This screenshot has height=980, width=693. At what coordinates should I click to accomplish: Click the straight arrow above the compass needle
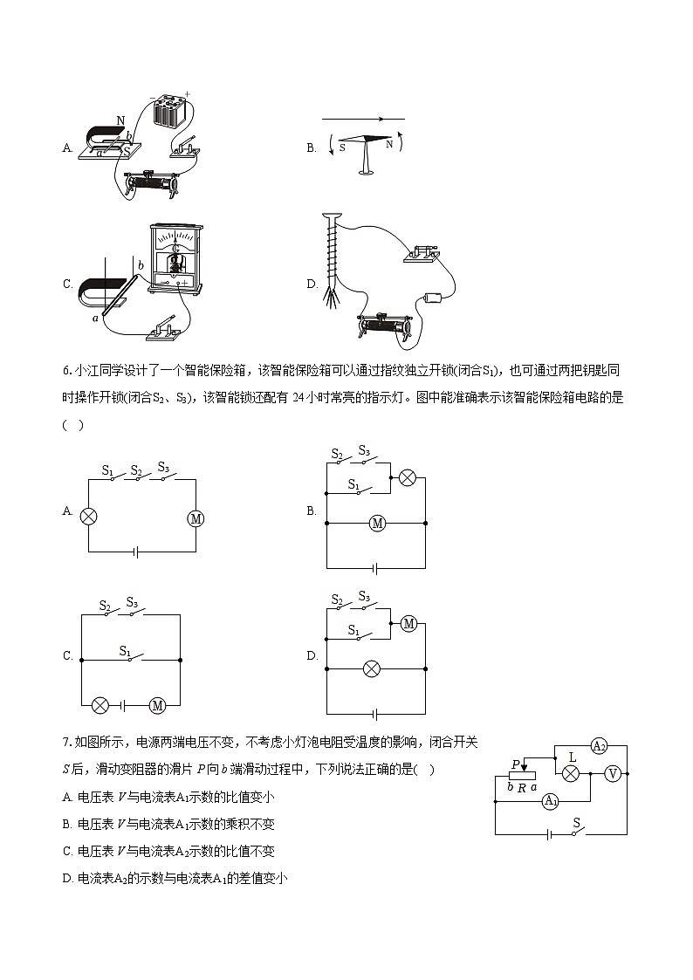point(363,119)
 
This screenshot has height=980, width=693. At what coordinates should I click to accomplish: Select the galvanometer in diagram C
point(177,257)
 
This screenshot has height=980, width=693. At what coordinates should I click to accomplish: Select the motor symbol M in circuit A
point(196,518)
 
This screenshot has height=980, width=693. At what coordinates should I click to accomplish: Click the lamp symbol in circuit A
point(88,515)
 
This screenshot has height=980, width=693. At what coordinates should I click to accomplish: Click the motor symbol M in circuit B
point(377,523)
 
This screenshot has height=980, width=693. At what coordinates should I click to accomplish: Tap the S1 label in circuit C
point(124,649)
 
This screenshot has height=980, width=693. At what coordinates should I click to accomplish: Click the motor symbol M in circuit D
point(407,623)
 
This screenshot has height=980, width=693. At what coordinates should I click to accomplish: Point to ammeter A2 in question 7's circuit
point(599,746)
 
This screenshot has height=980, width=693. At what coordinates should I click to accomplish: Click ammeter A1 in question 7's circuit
point(550,801)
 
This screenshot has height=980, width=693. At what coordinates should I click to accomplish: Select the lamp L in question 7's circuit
point(571,774)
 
